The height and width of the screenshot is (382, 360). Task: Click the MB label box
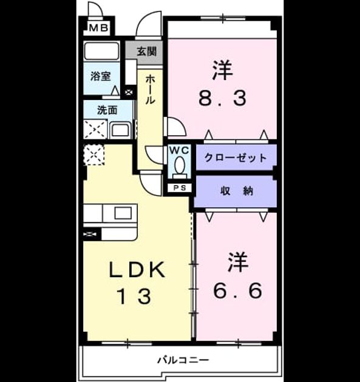(x=98, y=28)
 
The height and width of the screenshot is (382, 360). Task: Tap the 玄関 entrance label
(x=146, y=52)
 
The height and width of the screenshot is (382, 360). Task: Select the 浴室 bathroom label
(x=101, y=76)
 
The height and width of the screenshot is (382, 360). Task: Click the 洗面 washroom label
(x=107, y=110)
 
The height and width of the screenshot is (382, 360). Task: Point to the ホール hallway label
(x=150, y=89)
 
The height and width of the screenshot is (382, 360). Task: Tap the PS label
(x=180, y=188)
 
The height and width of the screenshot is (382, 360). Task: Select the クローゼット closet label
(x=235, y=158)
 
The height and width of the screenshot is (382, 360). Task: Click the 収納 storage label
(x=237, y=191)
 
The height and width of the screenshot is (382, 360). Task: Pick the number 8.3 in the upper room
(x=222, y=98)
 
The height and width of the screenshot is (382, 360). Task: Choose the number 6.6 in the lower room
(x=237, y=290)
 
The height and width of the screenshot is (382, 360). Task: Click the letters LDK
(x=137, y=270)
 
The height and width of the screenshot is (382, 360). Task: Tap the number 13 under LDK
(x=134, y=296)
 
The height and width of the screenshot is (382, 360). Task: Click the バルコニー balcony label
(x=183, y=360)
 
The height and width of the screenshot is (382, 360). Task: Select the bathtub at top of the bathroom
(x=102, y=51)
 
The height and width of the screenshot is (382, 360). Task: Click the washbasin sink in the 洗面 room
(x=120, y=130)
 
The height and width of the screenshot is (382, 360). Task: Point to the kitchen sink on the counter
(x=123, y=213)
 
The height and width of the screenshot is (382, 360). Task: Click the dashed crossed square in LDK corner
(x=94, y=155)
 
